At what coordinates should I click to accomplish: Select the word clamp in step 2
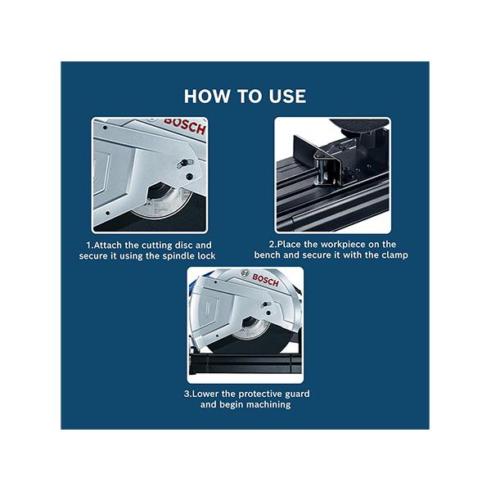pos(393,255)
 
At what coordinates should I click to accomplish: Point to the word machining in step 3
pos(264,404)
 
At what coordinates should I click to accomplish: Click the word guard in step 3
pos(295,394)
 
